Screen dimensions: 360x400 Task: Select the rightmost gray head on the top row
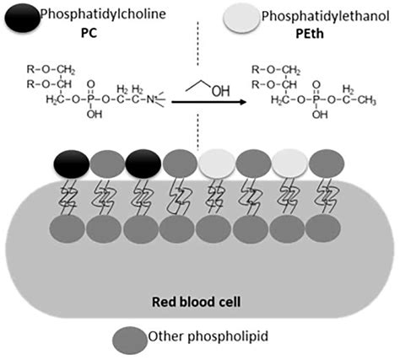pyautogui.click(x=327, y=164)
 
